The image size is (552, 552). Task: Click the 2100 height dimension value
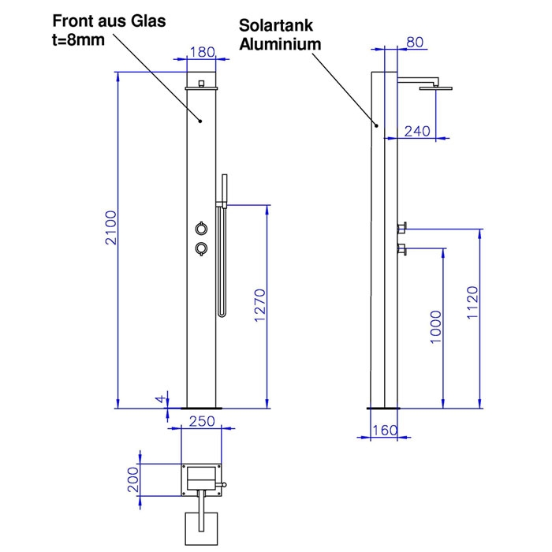tap(112, 229)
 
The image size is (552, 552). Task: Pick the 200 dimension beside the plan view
tap(132, 477)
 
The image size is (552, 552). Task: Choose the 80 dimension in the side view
tap(416, 42)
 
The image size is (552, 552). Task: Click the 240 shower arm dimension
tap(417, 132)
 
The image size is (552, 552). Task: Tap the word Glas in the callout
tap(147, 21)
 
